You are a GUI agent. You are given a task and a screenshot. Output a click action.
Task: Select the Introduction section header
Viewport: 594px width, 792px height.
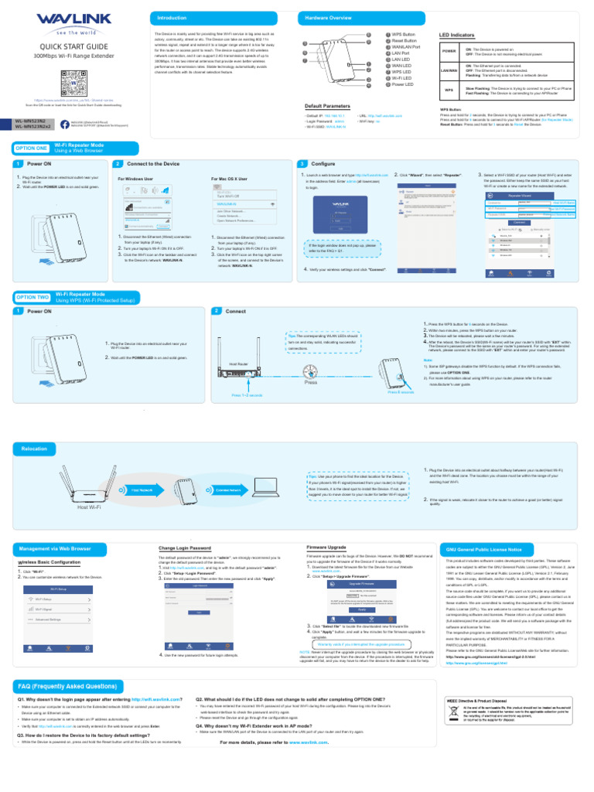point(172,17)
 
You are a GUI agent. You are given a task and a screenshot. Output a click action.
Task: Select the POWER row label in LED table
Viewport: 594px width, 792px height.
point(449,50)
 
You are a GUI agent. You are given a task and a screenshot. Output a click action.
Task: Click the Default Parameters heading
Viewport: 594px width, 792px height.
point(327,105)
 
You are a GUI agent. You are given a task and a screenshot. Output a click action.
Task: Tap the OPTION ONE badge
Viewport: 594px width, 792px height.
point(31,148)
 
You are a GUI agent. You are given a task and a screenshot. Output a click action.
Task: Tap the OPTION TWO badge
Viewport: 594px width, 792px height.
point(31,297)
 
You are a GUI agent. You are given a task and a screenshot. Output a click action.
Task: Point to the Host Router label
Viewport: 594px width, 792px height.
point(239,364)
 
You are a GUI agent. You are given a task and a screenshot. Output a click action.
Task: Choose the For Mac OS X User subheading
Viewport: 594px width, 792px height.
point(229,179)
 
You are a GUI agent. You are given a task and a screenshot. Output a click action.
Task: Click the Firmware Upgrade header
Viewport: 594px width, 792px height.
point(327,547)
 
